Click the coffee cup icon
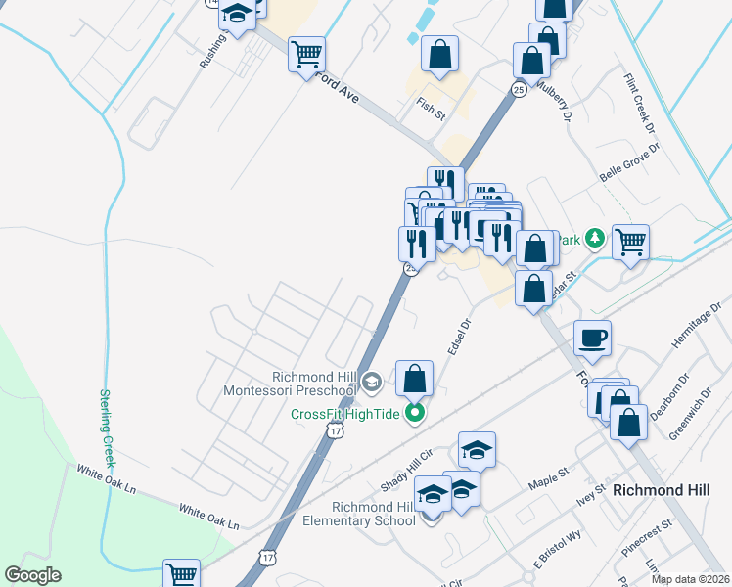pos(592,339)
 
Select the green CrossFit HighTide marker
pos(415,414)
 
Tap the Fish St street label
pos(431,109)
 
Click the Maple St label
pos(549,477)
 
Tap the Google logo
pos(32,575)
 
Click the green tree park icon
pos(593,239)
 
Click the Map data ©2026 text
pos(689,579)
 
